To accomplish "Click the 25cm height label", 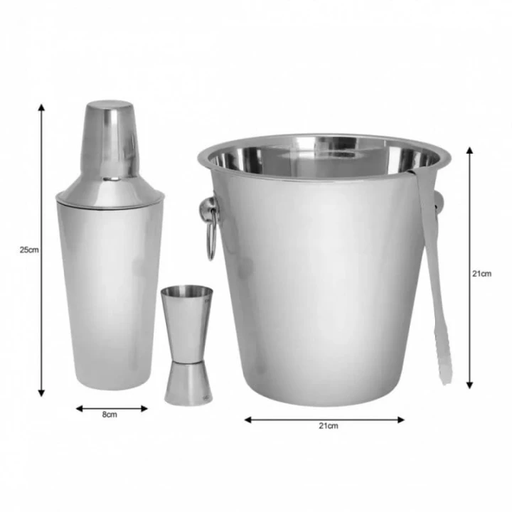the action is tap(29, 250).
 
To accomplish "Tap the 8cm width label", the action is tap(110, 415).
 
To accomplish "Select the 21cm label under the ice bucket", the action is tap(329, 426).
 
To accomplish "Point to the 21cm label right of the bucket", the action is tap(481, 274).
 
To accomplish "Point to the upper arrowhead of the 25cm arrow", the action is tap(41, 108).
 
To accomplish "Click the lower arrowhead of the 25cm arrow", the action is tap(41, 393).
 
